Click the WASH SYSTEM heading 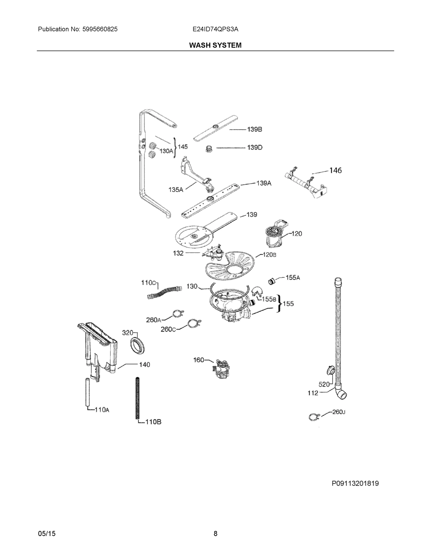(x=215, y=45)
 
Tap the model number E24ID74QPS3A (x=215, y=29)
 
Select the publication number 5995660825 (x=100, y=29)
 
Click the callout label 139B (x=254, y=129)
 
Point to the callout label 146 (x=335, y=170)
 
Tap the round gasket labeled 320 (x=138, y=346)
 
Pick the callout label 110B (x=153, y=422)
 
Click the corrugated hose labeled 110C (x=165, y=292)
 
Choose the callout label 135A (x=176, y=189)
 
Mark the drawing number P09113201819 (x=355, y=483)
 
